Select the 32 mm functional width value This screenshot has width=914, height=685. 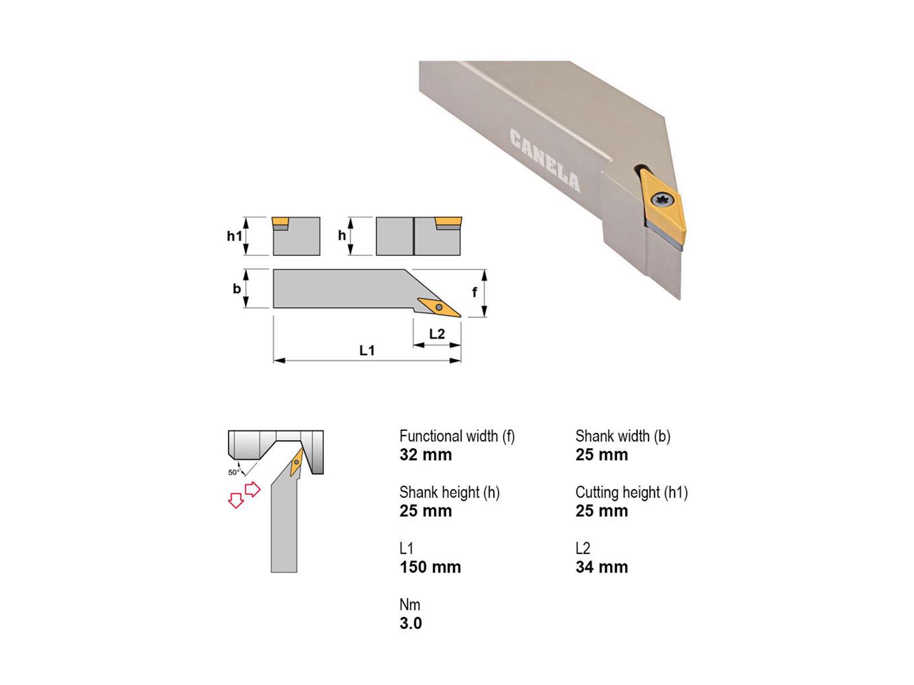coord(426,454)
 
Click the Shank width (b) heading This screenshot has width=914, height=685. coord(623,436)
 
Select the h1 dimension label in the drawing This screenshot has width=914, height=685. coord(234,236)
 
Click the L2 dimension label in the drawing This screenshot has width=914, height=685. coord(437,333)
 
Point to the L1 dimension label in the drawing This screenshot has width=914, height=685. coord(367,350)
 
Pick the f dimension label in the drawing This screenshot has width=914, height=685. coord(474,292)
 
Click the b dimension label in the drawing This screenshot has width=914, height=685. coord(236,288)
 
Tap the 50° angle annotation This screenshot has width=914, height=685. coord(234,472)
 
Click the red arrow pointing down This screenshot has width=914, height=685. coord(236,501)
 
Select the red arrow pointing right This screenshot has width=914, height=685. coord(252,489)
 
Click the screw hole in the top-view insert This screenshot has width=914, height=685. coord(439,307)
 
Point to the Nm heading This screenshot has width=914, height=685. coord(410,605)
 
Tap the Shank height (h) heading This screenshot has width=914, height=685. coord(450,492)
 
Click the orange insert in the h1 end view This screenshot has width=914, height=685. coord(280,221)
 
